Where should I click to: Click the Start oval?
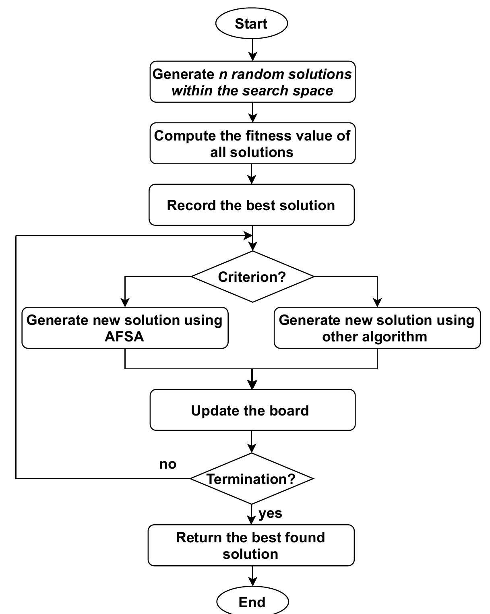pyautogui.click(x=252, y=23)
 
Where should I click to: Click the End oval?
pyautogui.click(x=252, y=602)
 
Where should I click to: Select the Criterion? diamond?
pyautogui.click(x=252, y=277)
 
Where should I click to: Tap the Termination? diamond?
pyautogui.click(x=251, y=479)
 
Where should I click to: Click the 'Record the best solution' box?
pyautogui.click(x=251, y=205)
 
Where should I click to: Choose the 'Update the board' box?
pyautogui.click(x=252, y=410)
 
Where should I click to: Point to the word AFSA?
pyautogui.click(x=124, y=337)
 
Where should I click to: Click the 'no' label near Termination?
pyautogui.click(x=167, y=464)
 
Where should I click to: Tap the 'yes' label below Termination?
pyautogui.click(x=270, y=513)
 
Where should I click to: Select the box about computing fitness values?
pyautogui.click(x=252, y=143)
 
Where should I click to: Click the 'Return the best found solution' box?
pyautogui.click(x=251, y=545)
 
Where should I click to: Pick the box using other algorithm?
pyautogui.click(x=377, y=328)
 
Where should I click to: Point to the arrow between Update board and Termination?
pyautogui.click(x=252, y=442)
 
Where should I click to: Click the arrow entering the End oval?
pyautogui.click(x=252, y=576)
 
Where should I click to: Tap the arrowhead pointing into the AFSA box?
pyautogui.click(x=125, y=302)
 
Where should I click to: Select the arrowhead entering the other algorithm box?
pyautogui.click(x=377, y=302)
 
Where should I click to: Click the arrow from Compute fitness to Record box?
pyautogui.click(x=252, y=174)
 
